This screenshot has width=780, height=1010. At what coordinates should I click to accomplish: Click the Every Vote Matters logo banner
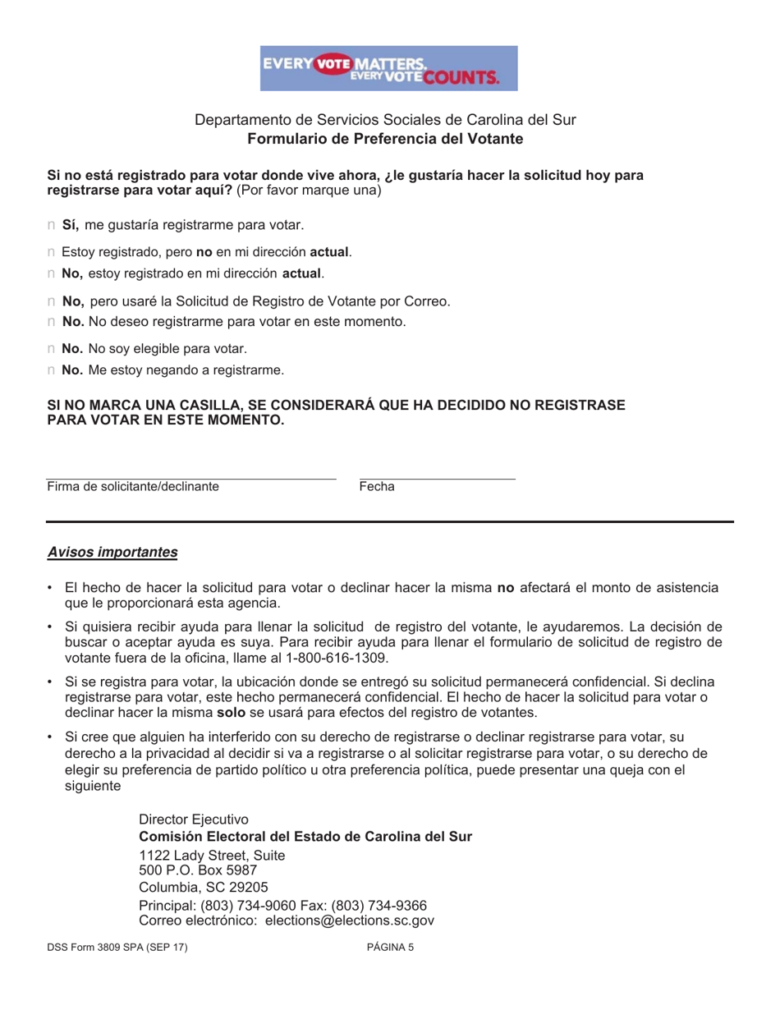389,67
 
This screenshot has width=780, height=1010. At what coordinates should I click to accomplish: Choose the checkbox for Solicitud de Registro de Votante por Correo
51,301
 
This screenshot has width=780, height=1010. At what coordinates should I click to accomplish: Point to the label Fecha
377,487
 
